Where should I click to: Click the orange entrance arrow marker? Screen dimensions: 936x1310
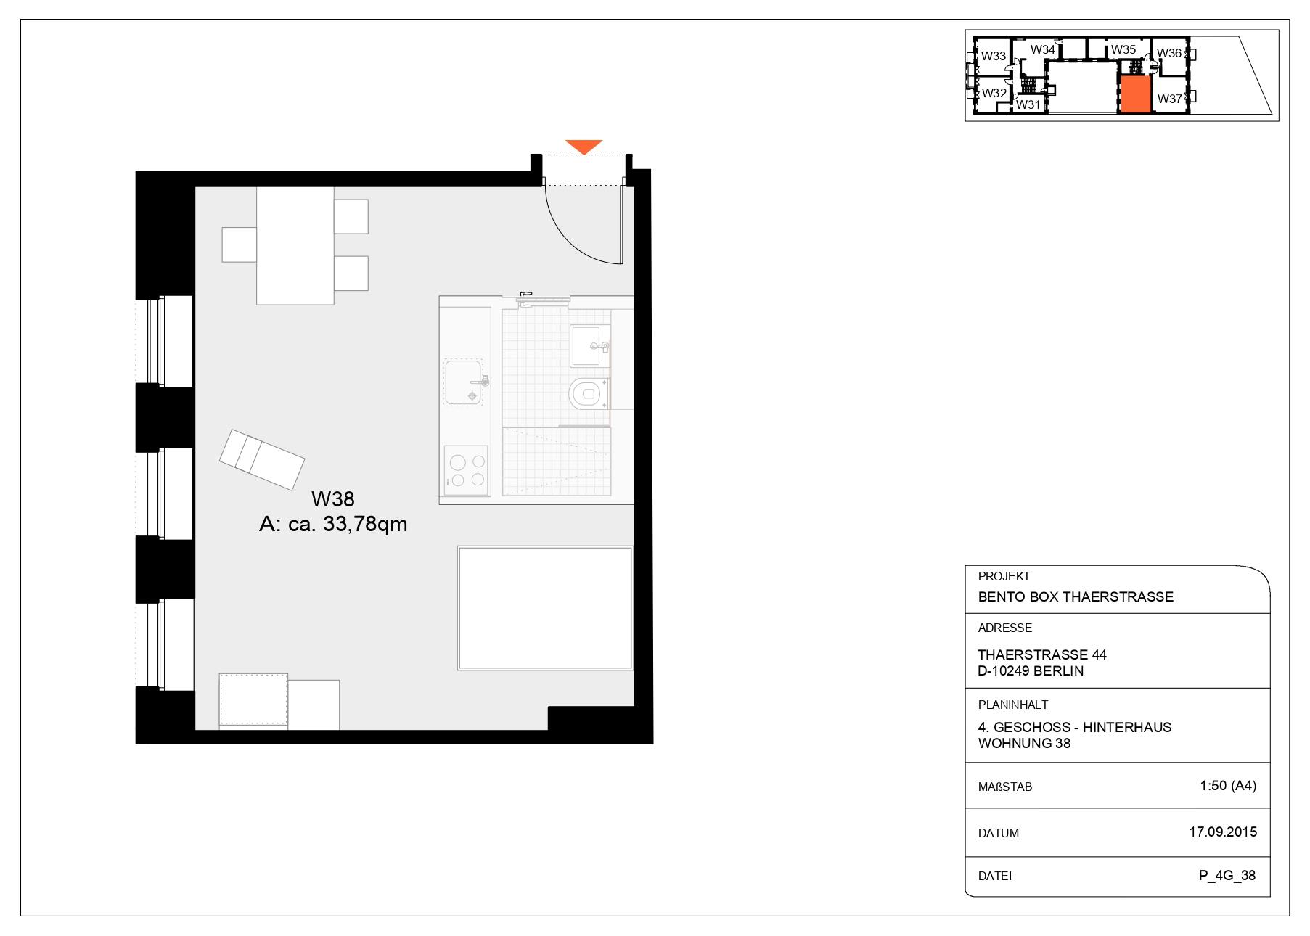(x=584, y=146)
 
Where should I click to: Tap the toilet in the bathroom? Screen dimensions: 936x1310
(x=586, y=394)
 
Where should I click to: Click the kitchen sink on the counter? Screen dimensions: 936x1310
(x=464, y=382)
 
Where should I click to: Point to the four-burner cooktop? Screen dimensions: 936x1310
(x=466, y=470)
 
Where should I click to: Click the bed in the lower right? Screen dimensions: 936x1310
(x=545, y=608)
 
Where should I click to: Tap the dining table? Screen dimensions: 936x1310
(x=295, y=245)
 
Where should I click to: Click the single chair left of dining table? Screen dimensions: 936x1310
(x=239, y=245)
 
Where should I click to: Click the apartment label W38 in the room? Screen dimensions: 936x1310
(x=332, y=499)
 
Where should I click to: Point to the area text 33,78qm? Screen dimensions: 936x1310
(x=364, y=524)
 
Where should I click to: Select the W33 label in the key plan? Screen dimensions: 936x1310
(x=994, y=56)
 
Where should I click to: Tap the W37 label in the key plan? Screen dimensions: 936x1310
(x=1169, y=99)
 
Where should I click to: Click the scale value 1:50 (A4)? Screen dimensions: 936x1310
(x=1228, y=785)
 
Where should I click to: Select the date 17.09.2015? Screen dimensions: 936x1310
(x=1223, y=832)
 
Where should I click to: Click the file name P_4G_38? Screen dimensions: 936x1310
(x=1227, y=875)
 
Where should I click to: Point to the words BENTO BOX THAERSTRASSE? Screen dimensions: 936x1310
(x=1076, y=597)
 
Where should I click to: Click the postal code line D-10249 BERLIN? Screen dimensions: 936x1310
(x=1031, y=671)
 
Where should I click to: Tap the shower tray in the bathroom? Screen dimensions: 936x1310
(x=556, y=461)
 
